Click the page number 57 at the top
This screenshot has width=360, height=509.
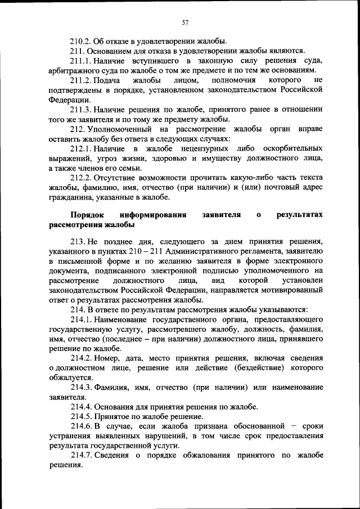click(184, 22)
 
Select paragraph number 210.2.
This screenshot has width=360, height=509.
click(81, 41)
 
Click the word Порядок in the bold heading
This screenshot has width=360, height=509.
click(89, 215)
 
